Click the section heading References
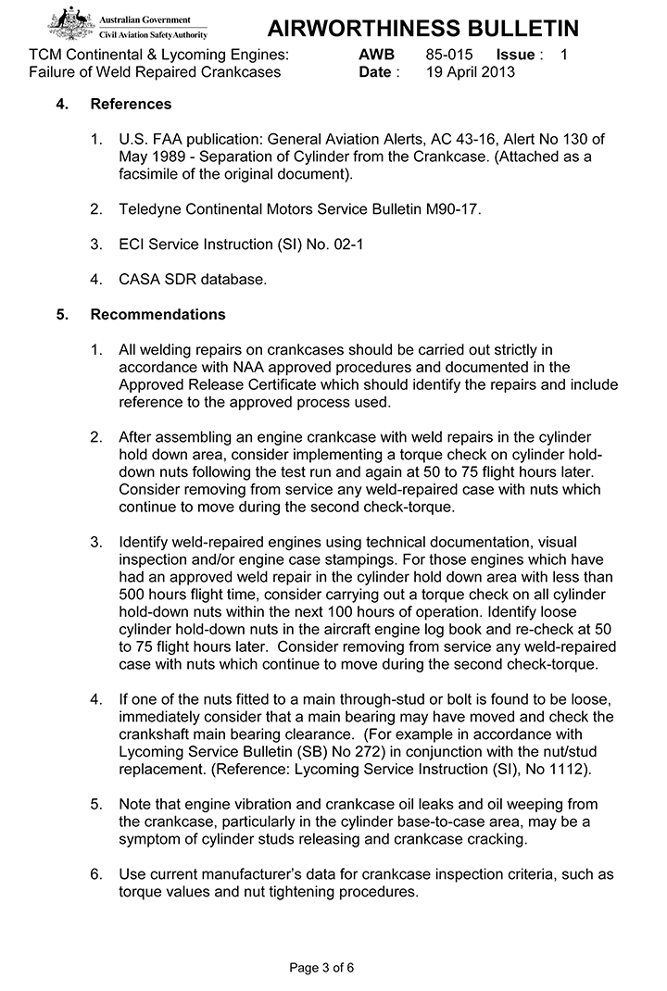[131, 104]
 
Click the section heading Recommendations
[157, 314]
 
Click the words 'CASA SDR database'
[193, 279]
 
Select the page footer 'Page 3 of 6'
[321, 968]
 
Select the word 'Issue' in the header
[515, 55]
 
